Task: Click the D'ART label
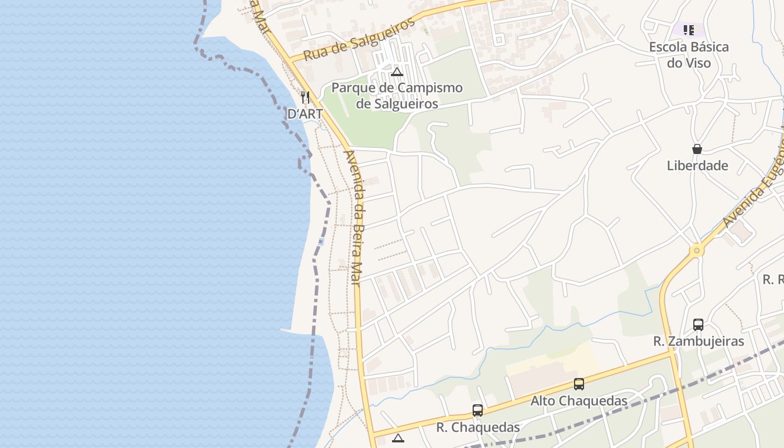(305, 114)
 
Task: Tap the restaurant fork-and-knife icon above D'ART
(305, 97)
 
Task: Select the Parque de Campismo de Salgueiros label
(397, 96)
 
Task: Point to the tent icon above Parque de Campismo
(397, 72)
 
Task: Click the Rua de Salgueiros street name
(360, 39)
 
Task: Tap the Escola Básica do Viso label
(689, 54)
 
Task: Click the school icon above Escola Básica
(689, 30)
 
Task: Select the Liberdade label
(697, 165)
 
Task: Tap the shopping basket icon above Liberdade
(697, 149)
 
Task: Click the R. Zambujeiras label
(698, 341)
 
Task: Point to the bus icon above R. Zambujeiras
(698, 324)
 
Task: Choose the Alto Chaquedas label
(578, 401)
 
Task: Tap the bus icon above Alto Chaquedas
(579, 384)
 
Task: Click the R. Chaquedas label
(478, 427)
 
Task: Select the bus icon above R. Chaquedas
(478, 410)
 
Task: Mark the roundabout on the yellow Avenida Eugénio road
(696, 250)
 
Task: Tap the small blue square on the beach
(321, 242)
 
